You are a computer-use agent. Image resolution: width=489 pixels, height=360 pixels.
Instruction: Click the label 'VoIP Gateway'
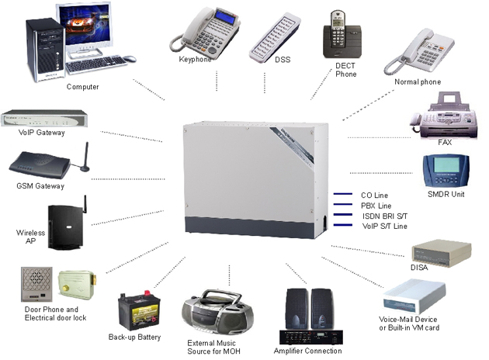[41, 133]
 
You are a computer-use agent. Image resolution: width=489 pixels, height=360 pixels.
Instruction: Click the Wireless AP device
[65, 226]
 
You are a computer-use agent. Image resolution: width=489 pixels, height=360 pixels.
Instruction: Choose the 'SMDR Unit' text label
[446, 194]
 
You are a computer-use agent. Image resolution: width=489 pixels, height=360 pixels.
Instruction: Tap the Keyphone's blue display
[208, 16]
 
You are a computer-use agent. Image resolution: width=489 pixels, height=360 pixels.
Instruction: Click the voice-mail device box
[415, 295]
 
